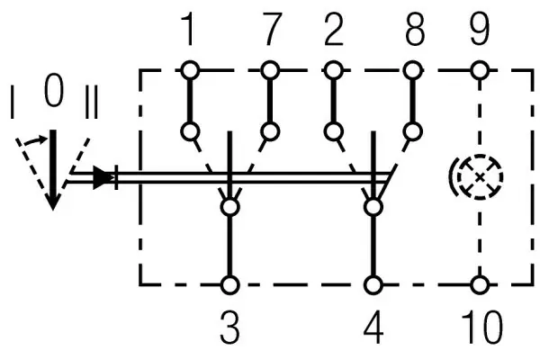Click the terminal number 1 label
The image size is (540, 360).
click(188, 29)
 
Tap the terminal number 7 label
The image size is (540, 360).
click(272, 29)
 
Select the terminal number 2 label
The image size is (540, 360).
click(334, 29)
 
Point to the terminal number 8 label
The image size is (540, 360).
click(415, 29)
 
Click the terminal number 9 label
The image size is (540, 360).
click(480, 29)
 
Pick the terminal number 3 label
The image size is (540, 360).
click(229, 327)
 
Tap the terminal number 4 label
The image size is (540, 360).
click(373, 327)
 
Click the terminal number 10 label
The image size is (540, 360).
click(482, 327)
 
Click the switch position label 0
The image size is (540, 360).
click(54, 90)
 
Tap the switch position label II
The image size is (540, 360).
click(92, 102)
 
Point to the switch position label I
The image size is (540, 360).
click(13, 102)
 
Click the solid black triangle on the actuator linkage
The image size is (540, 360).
click(103, 178)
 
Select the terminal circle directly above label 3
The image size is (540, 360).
click(229, 285)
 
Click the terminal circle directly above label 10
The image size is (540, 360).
click(480, 285)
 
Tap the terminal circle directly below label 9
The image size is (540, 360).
click(480, 70)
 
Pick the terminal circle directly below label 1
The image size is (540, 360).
click(190, 70)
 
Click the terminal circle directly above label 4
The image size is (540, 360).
click(373, 285)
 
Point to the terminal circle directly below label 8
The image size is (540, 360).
click(412, 70)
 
